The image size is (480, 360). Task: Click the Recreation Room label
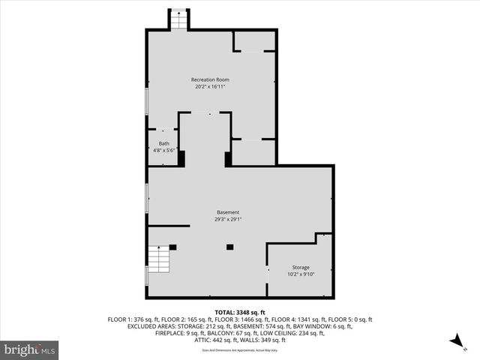[210, 79]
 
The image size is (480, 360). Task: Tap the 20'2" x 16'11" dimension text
[210, 87]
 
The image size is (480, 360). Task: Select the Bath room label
[163, 143]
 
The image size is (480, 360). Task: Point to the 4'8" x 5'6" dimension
[163, 151]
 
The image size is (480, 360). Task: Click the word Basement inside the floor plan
[229, 212]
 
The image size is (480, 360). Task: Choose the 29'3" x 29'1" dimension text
[229, 220]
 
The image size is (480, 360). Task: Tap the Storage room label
[300, 268]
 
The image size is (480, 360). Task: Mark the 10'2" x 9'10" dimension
[300, 274]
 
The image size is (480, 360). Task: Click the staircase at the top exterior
[178, 20]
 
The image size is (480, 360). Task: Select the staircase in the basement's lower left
[159, 259]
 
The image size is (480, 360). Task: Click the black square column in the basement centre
[230, 247]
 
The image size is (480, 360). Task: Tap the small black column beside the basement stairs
[172, 247]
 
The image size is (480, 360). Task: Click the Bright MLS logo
[30, 349]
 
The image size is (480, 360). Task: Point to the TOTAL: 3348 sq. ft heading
[240, 312]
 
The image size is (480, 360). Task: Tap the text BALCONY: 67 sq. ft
[237, 334]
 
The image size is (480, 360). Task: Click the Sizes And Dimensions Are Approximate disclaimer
[240, 350]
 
